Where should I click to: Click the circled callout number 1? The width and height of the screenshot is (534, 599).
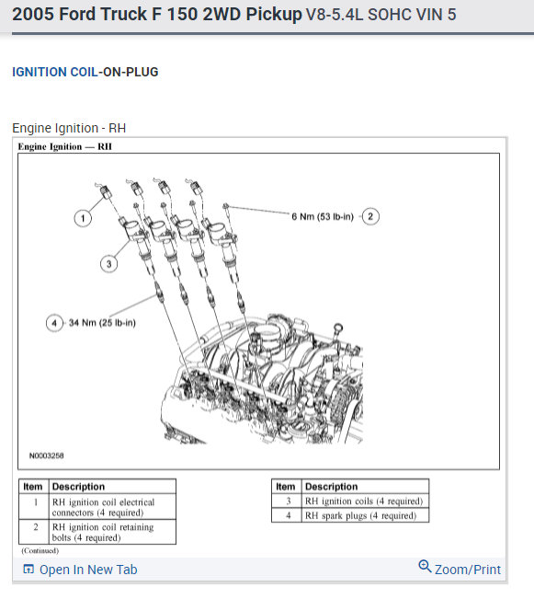point(83,218)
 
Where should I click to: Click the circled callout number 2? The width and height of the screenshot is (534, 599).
point(369,216)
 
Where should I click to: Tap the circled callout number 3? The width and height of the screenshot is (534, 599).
point(108,263)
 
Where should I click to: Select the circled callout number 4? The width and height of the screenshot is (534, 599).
point(54,323)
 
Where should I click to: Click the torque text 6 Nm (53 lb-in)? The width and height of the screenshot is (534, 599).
point(323,217)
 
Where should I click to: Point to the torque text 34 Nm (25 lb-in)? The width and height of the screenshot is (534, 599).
point(102,323)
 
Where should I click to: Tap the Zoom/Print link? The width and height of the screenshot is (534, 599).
point(468,570)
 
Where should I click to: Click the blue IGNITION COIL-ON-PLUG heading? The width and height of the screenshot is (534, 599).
point(85,72)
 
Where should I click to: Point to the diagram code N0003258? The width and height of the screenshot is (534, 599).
point(47,455)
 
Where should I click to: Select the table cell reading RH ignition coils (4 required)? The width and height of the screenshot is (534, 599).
point(365,501)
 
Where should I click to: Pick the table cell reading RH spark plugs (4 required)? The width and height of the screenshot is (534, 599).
point(365,515)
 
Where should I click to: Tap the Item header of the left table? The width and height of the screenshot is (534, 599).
point(33,487)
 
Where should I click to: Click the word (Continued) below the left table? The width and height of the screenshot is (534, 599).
point(40,550)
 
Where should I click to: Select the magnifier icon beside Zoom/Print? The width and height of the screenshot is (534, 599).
point(425,567)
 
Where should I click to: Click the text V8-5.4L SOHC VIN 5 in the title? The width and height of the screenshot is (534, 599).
point(381,15)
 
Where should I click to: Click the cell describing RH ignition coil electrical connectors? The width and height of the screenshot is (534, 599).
point(112,507)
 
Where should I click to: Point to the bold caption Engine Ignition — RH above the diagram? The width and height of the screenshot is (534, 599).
point(65,146)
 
